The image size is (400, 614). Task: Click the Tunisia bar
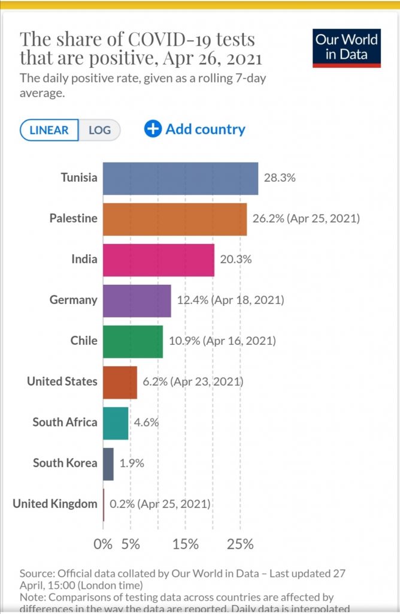(x=180, y=178)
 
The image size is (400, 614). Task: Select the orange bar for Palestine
(x=175, y=219)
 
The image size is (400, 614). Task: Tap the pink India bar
(x=159, y=260)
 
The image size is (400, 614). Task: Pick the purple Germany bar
(x=137, y=300)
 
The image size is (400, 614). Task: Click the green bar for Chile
(x=133, y=341)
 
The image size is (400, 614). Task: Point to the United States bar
(x=120, y=382)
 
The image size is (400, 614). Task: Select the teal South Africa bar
(x=116, y=423)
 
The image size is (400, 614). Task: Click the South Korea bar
(x=108, y=463)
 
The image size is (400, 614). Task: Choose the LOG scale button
(x=99, y=130)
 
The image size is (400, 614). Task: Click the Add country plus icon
(x=153, y=129)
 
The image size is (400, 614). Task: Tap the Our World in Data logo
(x=347, y=48)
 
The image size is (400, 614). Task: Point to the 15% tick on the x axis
(x=185, y=544)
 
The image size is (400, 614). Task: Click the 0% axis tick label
(x=103, y=544)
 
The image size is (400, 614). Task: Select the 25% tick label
(x=240, y=544)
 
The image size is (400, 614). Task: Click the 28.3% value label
(x=280, y=178)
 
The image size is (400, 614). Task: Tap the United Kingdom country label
(x=55, y=504)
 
